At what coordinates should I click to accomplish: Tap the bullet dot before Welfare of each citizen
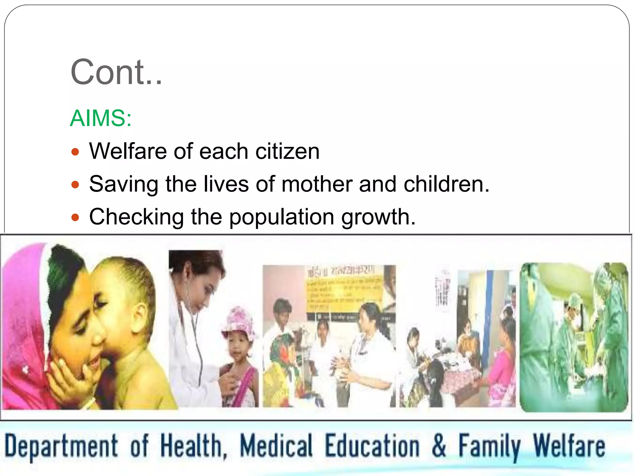(x=75, y=152)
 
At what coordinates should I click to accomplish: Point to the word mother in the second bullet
(x=317, y=184)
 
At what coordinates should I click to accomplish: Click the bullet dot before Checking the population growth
(x=75, y=218)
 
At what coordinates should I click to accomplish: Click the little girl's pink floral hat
(x=239, y=321)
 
